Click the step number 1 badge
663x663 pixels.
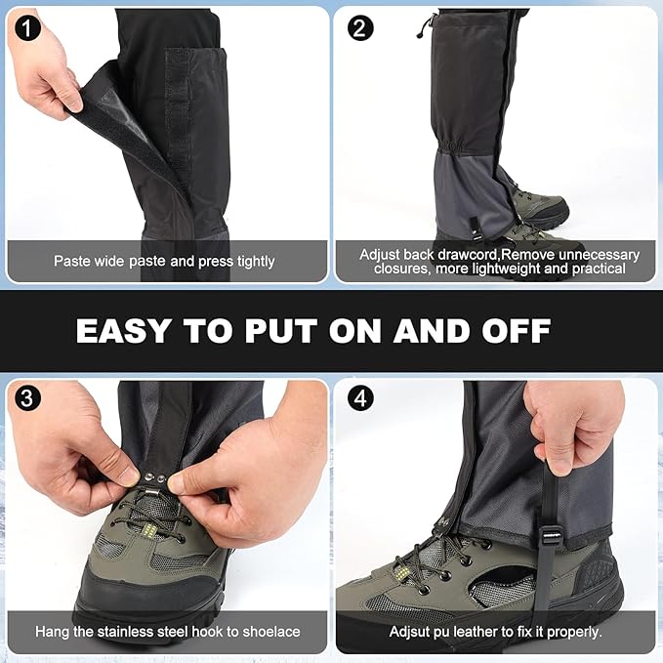pos(25,27)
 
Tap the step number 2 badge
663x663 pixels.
pos(360,27)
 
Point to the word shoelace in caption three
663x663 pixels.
pos(270,632)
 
